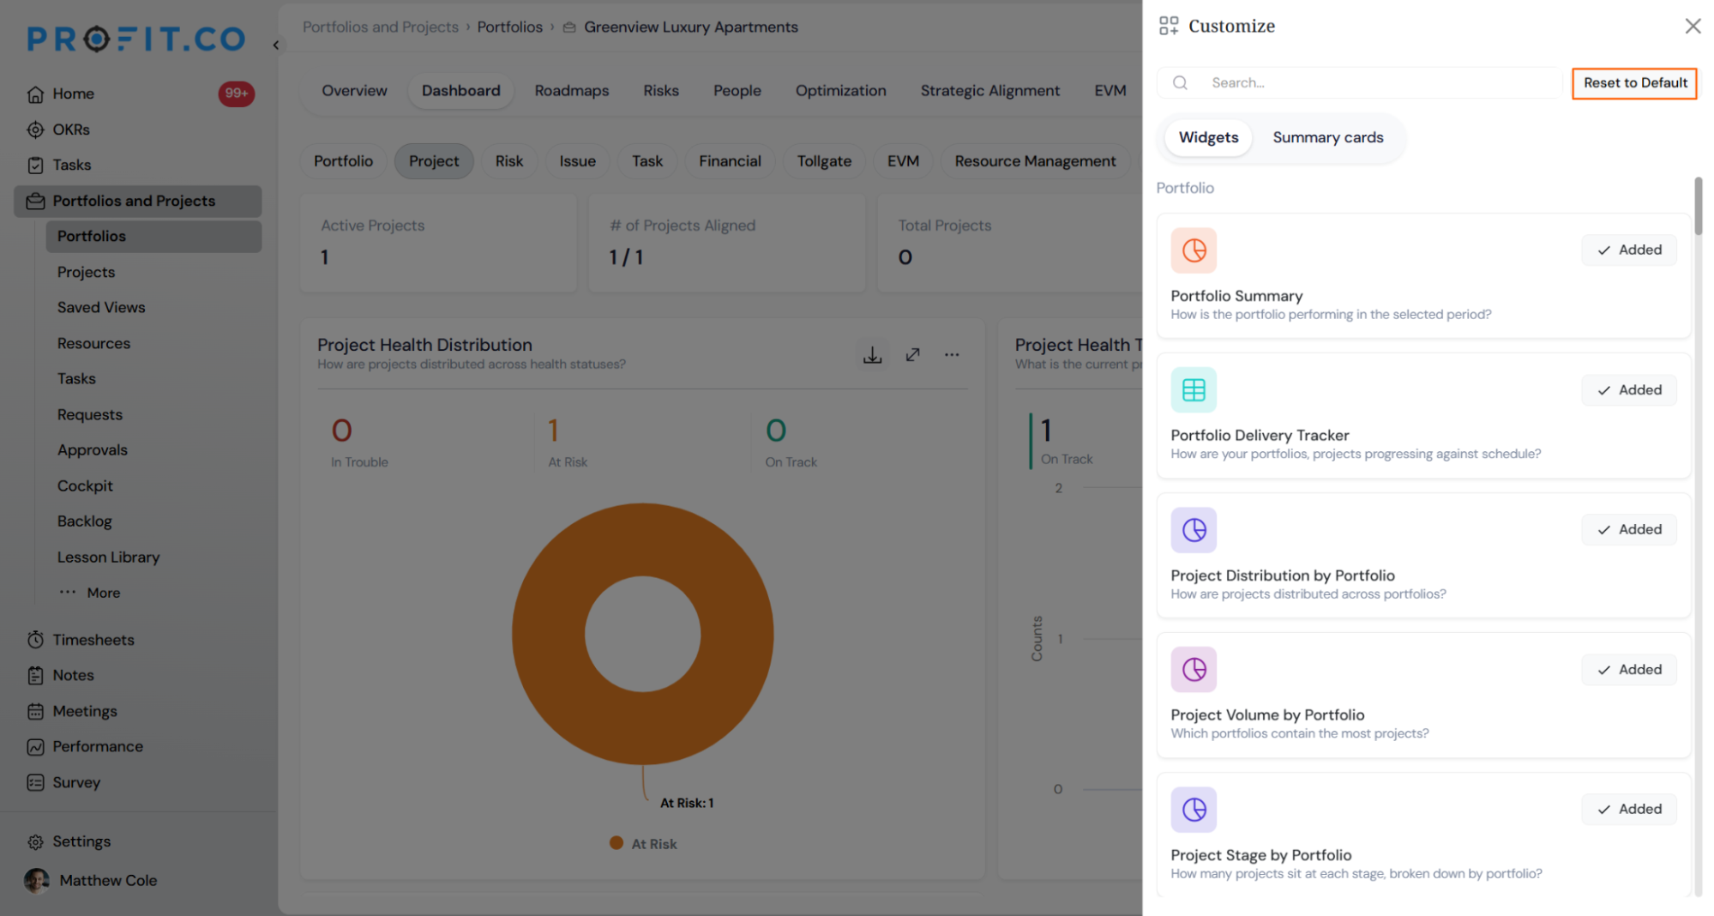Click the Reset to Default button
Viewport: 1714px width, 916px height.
(x=1634, y=83)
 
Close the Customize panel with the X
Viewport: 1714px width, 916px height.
(x=1693, y=26)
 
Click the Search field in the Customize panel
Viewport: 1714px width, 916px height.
(x=1360, y=82)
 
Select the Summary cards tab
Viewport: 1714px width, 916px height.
(x=1327, y=137)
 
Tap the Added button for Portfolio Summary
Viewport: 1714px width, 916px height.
(x=1629, y=250)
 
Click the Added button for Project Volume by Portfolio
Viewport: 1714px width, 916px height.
(x=1629, y=669)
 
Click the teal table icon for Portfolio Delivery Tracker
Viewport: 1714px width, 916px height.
(x=1194, y=390)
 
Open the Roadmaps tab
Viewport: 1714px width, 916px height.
(x=572, y=90)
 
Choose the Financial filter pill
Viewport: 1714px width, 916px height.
(x=730, y=161)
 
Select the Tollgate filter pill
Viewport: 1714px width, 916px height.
(x=824, y=161)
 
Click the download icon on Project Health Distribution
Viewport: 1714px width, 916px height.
(x=872, y=354)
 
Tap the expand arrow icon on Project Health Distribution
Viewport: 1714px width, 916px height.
(x=912, y=354)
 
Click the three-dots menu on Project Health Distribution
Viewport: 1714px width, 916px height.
(x=952, y=354)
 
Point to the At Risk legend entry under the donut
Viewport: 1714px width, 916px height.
(x=643, y=844)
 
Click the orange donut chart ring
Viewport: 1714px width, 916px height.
(x=549, y=635)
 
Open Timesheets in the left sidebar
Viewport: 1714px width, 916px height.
(x=93, y=640)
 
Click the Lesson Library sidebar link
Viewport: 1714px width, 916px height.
(x=108, y=557)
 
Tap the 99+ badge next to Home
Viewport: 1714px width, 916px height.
(x=236, y=93)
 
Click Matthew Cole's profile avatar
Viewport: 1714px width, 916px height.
(x=37, y=881)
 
